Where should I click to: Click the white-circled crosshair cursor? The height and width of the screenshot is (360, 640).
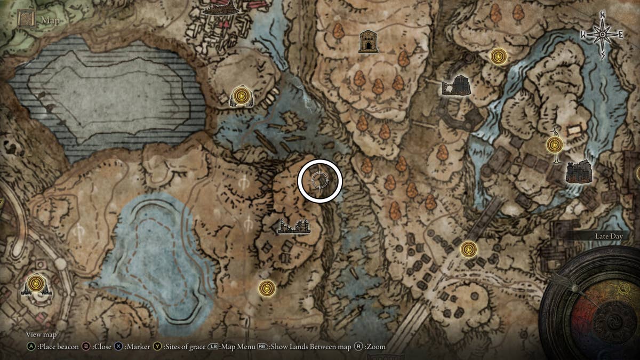[x=319, y=181]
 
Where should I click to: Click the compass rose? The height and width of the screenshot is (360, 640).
[x=602, y=35]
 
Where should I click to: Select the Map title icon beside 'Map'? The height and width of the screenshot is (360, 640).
[x=26, y=19]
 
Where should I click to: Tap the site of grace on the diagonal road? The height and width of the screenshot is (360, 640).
[x=468, y=249]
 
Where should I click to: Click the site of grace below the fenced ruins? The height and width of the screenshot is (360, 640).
[x=267, y=289]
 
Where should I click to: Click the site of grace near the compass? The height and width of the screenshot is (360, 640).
[x=498, y=56]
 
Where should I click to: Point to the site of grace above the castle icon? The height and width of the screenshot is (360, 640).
[x=555, y=145]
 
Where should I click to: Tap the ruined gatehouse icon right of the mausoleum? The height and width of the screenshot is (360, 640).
[x=455, y=85]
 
